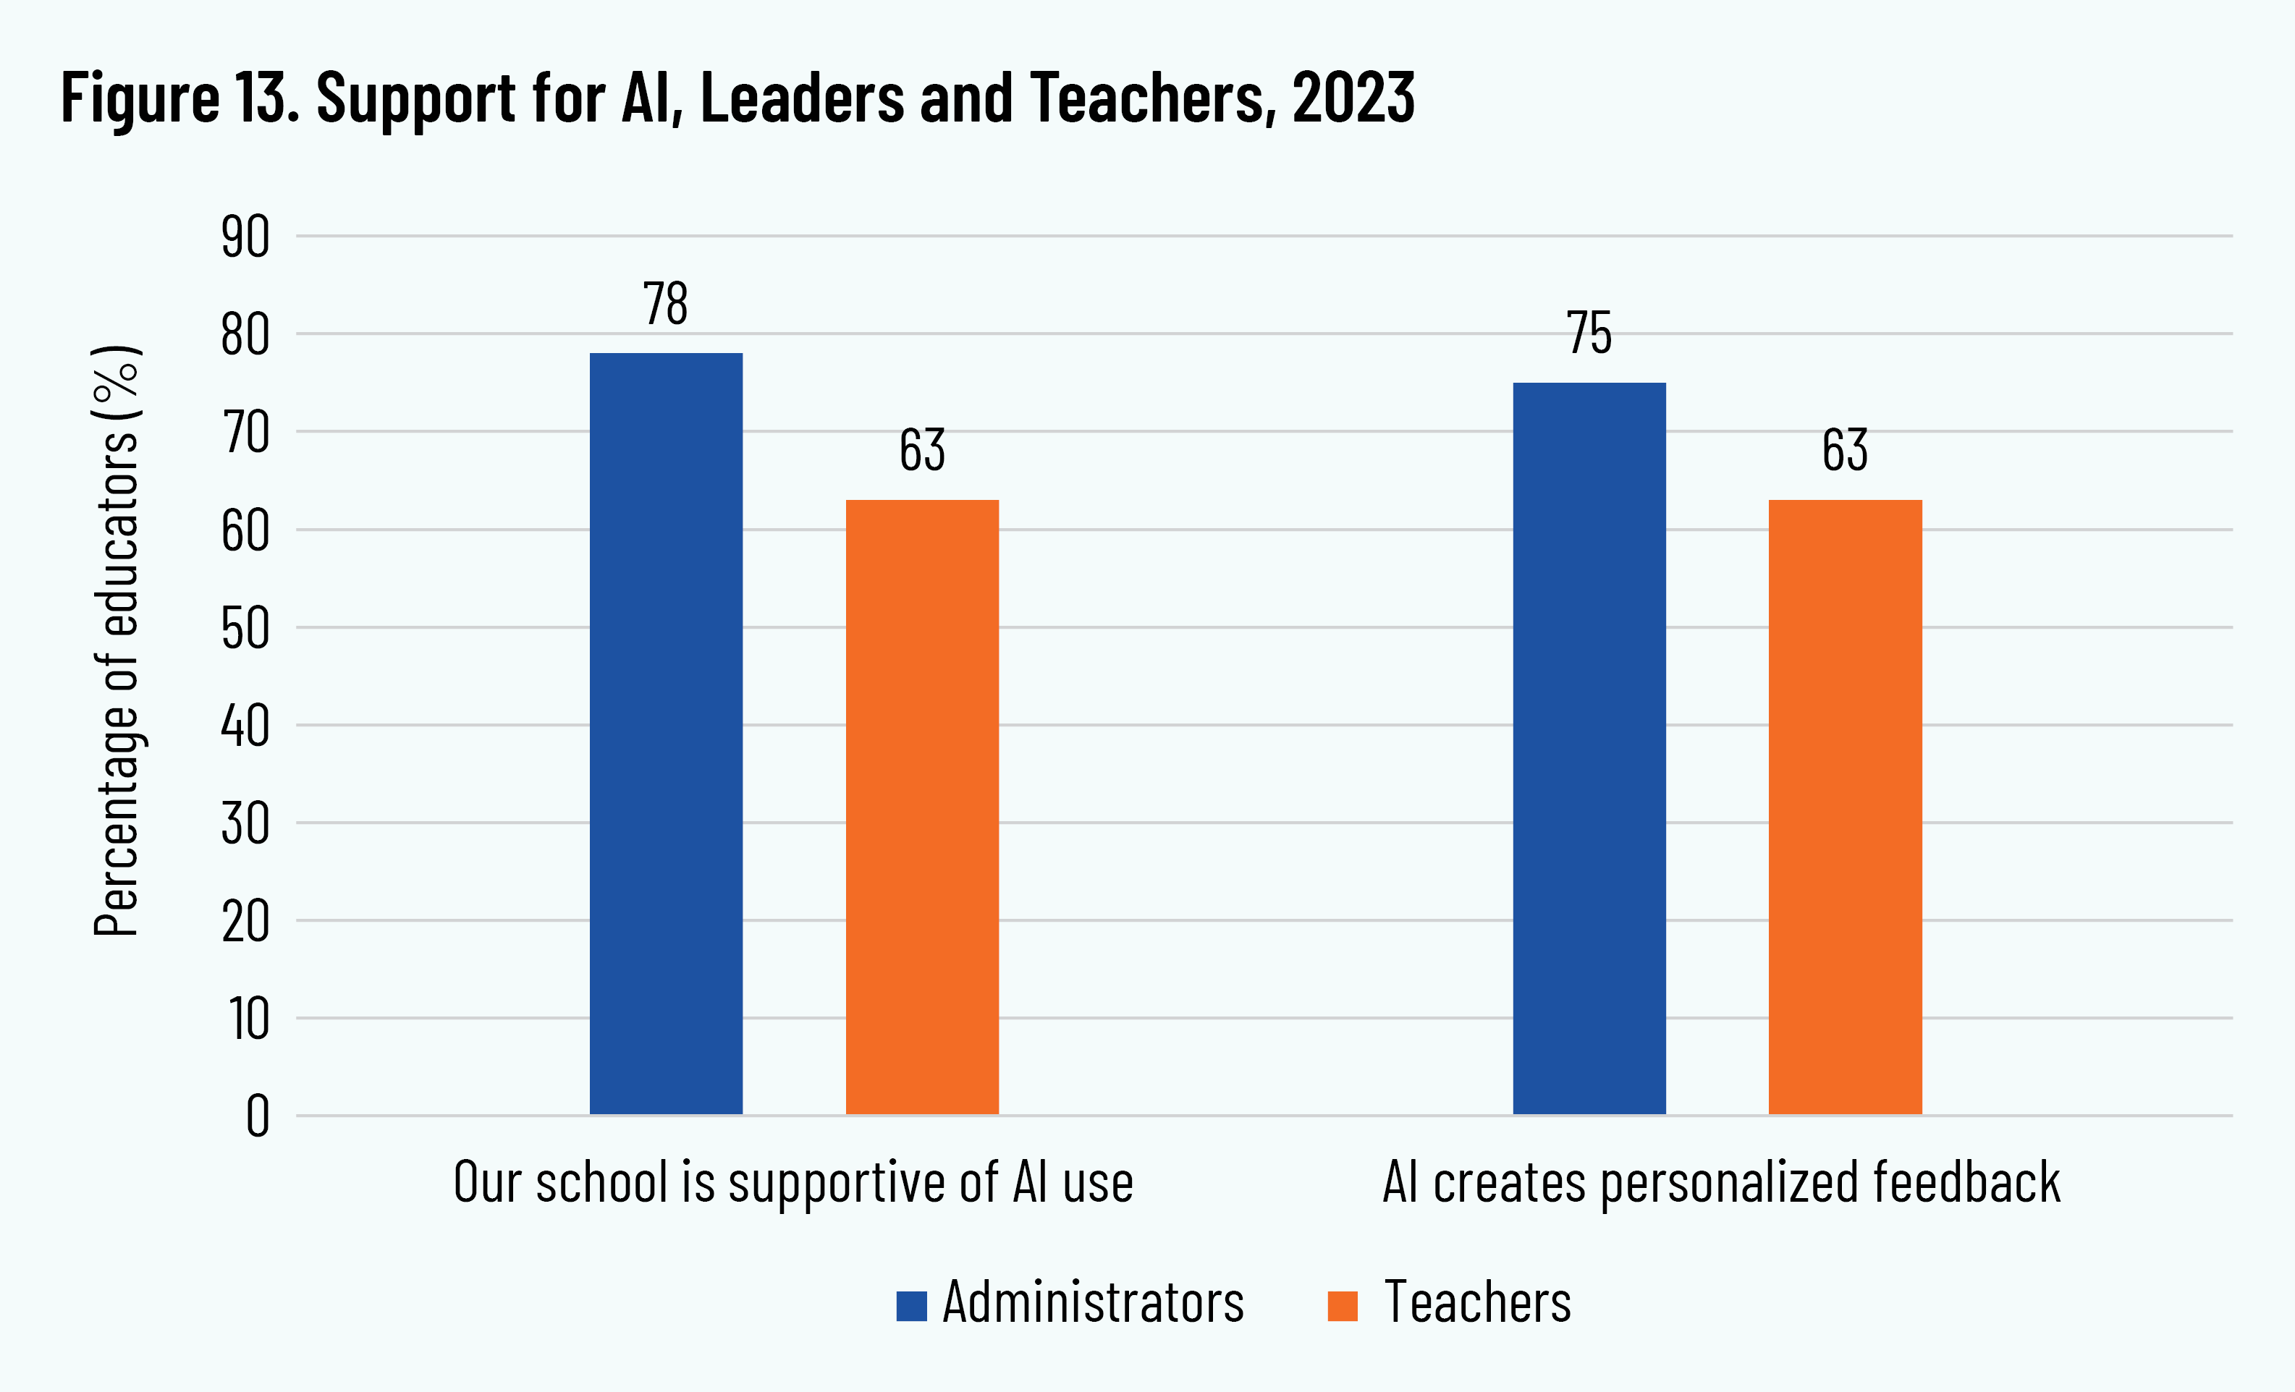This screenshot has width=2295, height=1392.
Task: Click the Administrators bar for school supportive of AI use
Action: (x=666, y=733)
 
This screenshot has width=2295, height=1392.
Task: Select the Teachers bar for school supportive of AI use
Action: (x=922, y=807)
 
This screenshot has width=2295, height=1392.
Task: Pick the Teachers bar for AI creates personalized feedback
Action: (x=1845, y=807)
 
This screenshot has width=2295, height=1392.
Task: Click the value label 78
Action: (x=666, y=304)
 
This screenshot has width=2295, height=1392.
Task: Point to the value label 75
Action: (x=1589, y=334)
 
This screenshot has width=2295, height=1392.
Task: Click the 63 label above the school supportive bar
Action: (x=922, y=451)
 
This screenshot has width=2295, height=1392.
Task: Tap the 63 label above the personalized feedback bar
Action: (x=1845, y=451)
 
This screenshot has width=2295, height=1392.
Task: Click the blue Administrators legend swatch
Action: (x=911, y=1305)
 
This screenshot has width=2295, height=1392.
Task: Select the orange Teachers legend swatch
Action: (x=1342, y=1305)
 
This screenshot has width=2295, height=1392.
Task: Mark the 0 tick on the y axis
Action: (x=258, y=1116)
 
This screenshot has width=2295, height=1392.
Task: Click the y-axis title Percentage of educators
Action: (x=117, y=640)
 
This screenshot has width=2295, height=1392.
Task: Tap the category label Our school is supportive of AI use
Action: (x=793, y=1182)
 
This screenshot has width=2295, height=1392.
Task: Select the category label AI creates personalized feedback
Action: (x=1721, y=1182)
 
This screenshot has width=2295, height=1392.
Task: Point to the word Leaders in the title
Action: (x=802, y=97)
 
